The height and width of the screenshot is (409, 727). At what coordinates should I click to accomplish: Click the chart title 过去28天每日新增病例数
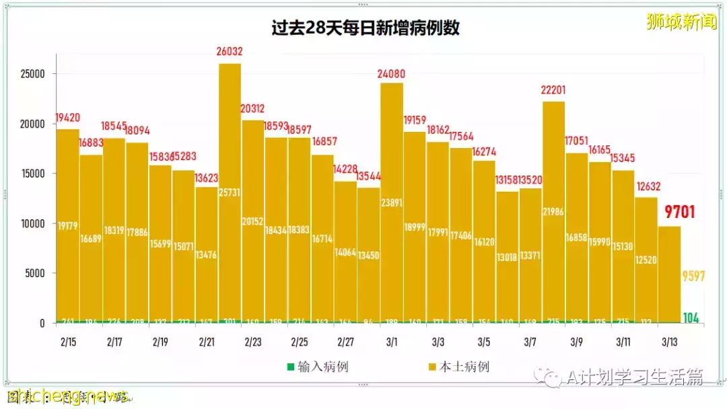(x=366, y=28)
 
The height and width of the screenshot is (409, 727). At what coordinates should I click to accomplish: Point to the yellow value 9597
(x=694, y=276)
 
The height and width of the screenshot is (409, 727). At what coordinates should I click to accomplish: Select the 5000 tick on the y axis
(x=34, y=273)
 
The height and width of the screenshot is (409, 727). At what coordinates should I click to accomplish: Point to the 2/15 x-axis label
(x=67, y=342)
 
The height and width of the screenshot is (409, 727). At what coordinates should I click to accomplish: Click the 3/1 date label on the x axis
(x=392, y=342)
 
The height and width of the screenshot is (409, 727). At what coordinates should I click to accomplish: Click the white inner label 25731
(x=230, y=193)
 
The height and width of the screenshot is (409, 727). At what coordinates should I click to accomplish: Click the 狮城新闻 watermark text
(x=681, y=22)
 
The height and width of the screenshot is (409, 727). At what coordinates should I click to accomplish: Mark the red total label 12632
(x=646, y=186)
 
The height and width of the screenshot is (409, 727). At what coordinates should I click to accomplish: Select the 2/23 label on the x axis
(x=253, y=342)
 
